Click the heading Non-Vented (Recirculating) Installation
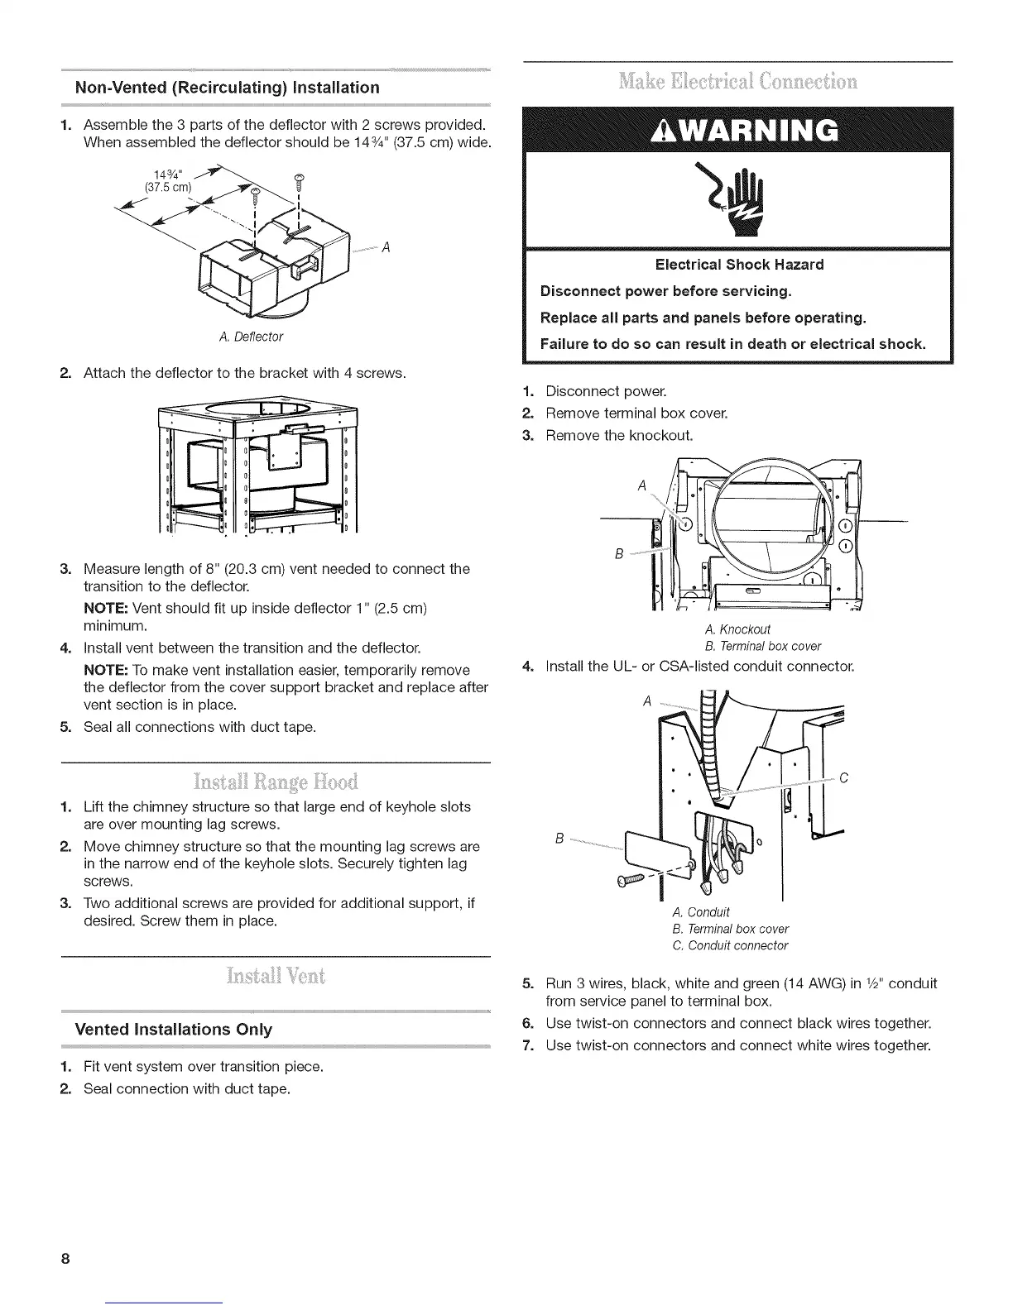tap(227, 88)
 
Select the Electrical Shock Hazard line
tap(739, 265)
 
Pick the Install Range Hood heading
tap(276, 782)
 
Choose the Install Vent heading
tap(276, 977)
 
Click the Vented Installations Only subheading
tap(173, 1030)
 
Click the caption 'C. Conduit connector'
tap(731, 945)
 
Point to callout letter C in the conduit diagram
tap(843, 778)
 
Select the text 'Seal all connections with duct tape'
tap(199, 727)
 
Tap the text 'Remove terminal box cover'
tap(636, 413)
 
